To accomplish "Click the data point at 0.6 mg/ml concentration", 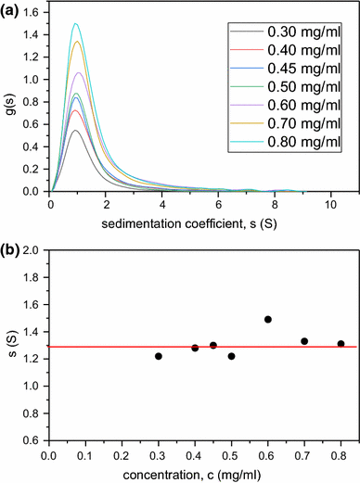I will [x=267, y=319].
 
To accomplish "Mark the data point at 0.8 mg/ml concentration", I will [x=341, y=344].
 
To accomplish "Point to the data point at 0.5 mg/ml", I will [x=231, y=356].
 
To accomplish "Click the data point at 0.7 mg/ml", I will [x=304, y=341].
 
